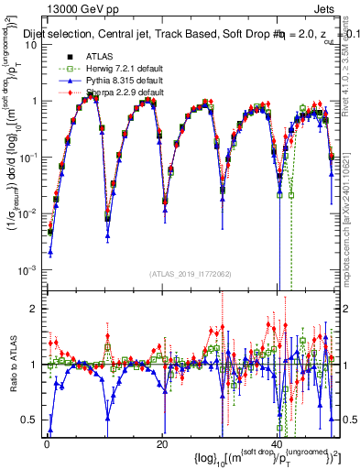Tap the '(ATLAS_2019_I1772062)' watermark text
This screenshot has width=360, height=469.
[191, 273]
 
